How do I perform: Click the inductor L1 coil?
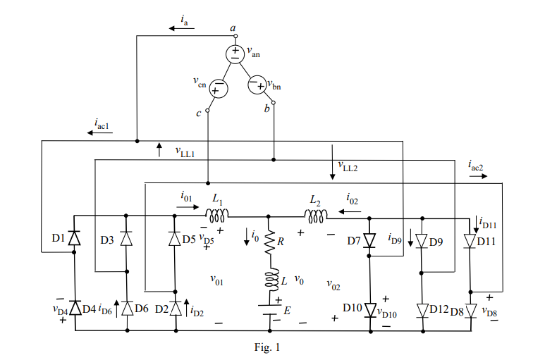point(216,215)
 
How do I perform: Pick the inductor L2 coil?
point(314,215)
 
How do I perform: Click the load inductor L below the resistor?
point(269,281)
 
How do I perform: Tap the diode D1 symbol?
point(75,238)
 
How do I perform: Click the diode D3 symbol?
point(126,238)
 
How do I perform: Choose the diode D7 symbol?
point(371,242)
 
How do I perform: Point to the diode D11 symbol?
point(471,242)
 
